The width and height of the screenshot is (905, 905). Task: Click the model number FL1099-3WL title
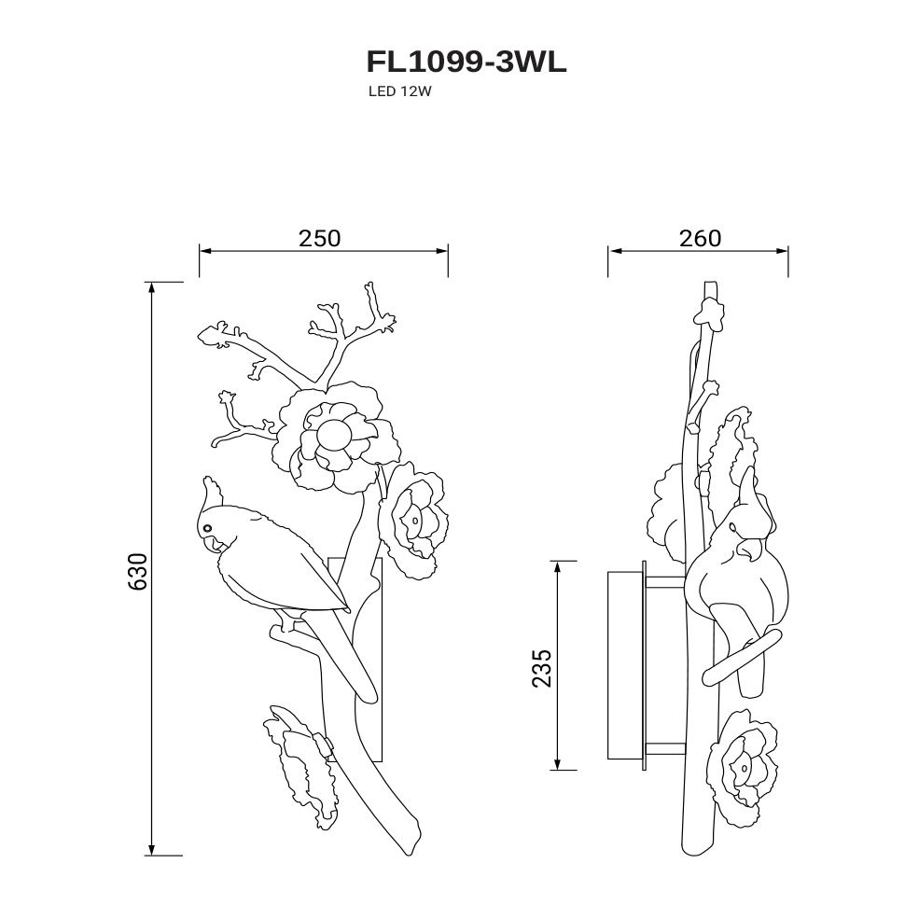466,63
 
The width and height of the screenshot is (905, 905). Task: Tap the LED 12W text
400,91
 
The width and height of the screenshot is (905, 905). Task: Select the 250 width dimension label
320,238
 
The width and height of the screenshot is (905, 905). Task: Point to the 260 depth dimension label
700,238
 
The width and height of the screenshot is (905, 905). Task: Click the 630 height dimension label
137,571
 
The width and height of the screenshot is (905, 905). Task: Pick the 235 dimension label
541,668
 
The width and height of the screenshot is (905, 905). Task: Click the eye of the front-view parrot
207,527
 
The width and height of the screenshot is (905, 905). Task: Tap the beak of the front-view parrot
215,544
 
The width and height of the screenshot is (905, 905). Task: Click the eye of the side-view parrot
731,526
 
